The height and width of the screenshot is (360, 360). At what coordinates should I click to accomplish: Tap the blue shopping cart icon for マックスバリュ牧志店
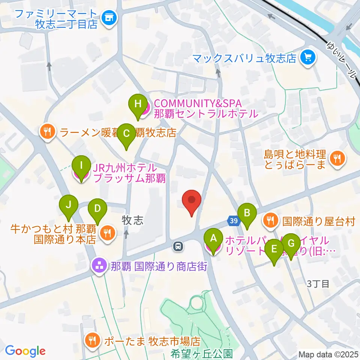point(308,58)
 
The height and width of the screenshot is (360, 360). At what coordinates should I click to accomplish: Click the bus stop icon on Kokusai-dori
point(178,246)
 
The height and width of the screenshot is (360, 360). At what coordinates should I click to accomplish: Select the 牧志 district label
point(133,220)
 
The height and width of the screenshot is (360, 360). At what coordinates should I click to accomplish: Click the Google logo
point(25,351)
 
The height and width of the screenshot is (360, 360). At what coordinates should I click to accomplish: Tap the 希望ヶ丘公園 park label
point(202,353)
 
